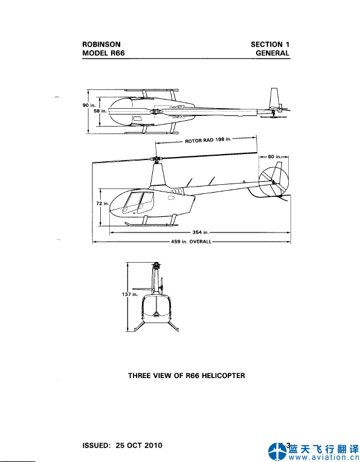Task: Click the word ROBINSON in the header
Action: click(x=101, y=45)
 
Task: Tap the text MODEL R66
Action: click(x=103, y=53)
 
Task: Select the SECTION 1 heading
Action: click(x=270, y=45)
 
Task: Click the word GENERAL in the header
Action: click(x=272, y=53)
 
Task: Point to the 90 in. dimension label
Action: click(x=89, y=105)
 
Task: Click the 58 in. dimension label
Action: click(x=100, y=111)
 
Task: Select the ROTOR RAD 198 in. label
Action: click(x=208, y=140)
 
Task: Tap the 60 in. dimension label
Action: click(x=274, y=156)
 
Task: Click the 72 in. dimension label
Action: click(x=103, y=204)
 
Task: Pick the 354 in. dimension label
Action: click(x=201, y=232)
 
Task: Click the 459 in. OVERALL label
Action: click(x=191, y=242)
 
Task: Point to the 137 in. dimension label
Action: click(x=130, y=294)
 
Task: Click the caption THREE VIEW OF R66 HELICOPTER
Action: click(x=187, y=376)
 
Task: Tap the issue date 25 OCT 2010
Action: click(x=139, y=445)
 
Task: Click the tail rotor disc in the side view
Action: click(x=274, y=182)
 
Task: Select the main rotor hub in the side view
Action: click(x=157, y=160)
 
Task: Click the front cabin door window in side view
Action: click(x=130, y=202)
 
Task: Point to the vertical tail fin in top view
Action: click(x=275, y=98)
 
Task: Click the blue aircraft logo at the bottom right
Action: click(x=277, y=451)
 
